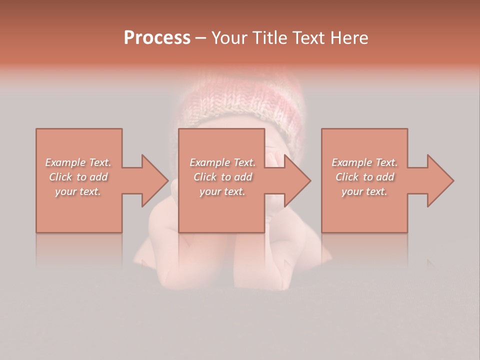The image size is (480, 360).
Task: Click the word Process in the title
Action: pyautogui.click(x=157, y=38)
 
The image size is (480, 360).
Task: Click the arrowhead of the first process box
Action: pyautogui.click(x=155, y=180)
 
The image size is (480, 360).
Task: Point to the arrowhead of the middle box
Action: pyautogui.click(x=297, y=180)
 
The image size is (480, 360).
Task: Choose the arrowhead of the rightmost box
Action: pyautogui.click(x=440, y=180)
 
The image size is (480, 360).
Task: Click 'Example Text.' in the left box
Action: pyautogui.click(x=78, y=162)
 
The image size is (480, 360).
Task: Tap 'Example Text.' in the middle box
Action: pyautogui.click(x=222, y=162)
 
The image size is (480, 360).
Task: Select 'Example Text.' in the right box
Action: pyautogui.click(x=364, y=162)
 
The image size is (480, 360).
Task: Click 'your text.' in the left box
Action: pyautogui.click(x=78, y=191)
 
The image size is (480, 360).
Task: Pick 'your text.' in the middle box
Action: pyautogui.click(x=222, y=191)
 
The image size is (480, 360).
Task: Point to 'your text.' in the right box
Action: pyautogui.click(x=364, y=191)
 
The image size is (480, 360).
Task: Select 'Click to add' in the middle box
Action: pyautogui.click(x=222, y=177)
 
